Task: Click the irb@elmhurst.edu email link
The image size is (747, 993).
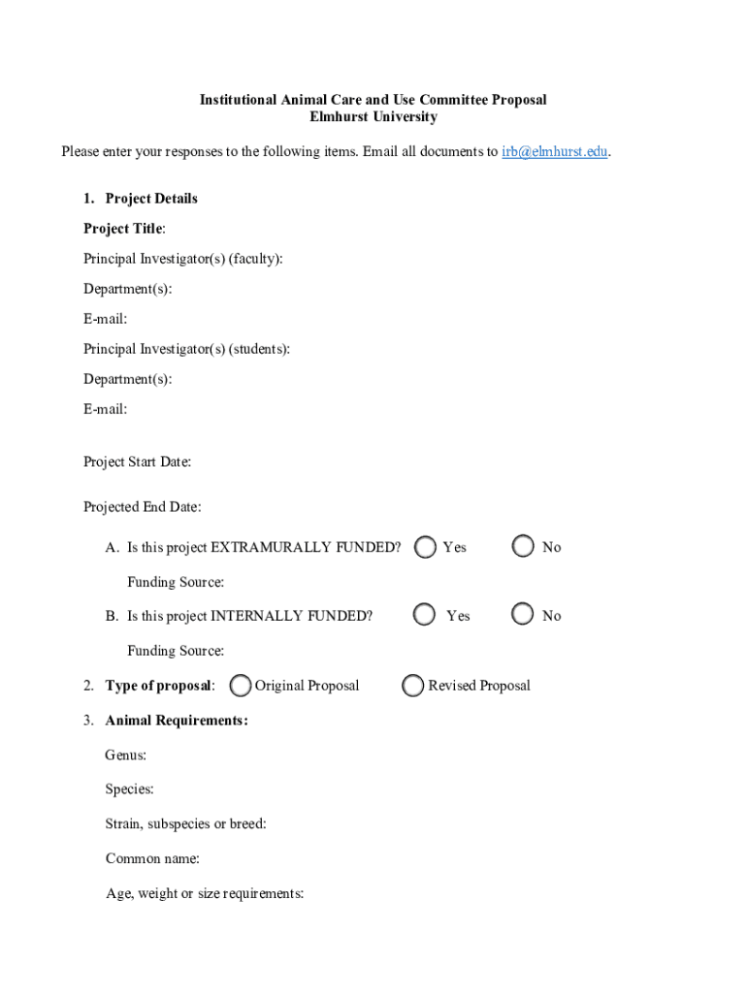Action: [x=555, y=151]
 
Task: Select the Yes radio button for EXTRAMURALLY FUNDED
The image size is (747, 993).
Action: [x=425, y=547]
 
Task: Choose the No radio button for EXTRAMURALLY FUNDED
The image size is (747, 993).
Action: [x=523, y=547]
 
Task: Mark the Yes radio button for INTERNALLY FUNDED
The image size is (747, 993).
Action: [x=424, y=615]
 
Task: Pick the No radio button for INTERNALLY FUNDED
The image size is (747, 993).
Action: [x=523, y=615]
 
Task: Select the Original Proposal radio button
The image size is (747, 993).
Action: [x=242, y=686]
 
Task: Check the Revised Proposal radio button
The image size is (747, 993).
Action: [x=413, y=686]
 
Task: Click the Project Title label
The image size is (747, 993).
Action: [x=123, y=229]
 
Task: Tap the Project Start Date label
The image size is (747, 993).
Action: [x=137, y=462]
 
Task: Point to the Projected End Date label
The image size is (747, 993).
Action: [x=142, y=507]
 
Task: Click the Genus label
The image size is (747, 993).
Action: [x=125, y=754]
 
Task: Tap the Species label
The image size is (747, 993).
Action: [x=129, y=789]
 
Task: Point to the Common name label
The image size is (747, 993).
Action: [x=152, y=859]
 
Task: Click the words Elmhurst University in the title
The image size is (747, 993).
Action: [x=373, y=117]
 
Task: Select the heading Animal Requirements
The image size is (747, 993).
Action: [x=176, y=721]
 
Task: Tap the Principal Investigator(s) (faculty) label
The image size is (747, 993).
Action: [x=183, y=259]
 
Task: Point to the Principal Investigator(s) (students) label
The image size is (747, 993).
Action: [x=186, y=349]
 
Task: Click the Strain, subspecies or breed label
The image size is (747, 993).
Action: [x=185, y=824]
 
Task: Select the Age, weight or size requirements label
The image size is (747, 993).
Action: [x=204, y=894]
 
